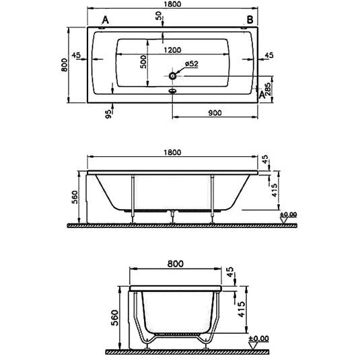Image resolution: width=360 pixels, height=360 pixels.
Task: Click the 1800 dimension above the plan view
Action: pyautogui.click(x=172, y=5)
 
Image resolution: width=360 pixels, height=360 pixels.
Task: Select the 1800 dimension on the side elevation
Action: pyautogui.click(x=172, y=153)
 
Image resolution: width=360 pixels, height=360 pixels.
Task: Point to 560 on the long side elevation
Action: pyautogui.click(x=75, y=196)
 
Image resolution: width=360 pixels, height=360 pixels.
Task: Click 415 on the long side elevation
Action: pyautogui.click(x=274, y=190)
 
